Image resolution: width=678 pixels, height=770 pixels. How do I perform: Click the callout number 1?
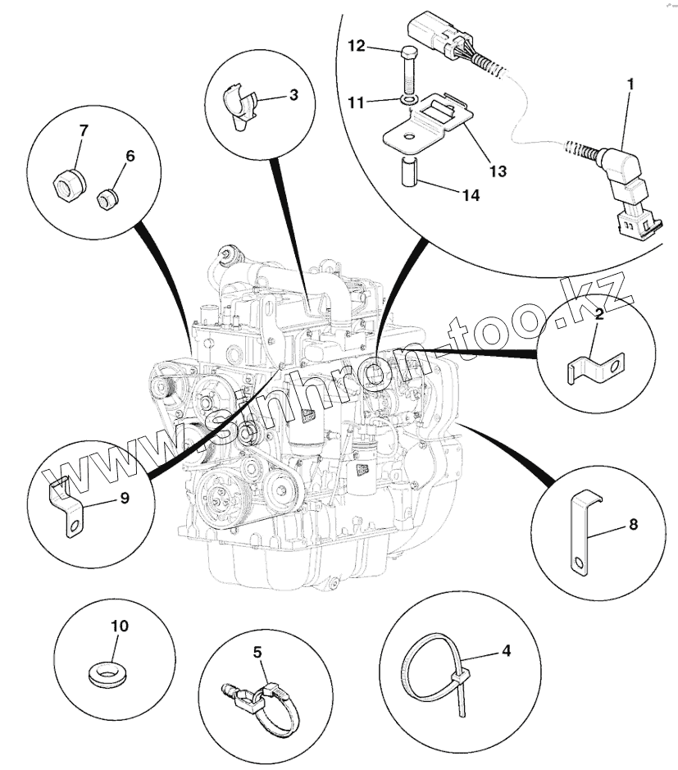[631, 84]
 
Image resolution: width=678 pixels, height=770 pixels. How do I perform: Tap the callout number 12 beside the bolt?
[357, 46]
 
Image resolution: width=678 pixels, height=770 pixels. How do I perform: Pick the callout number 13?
[498, 171]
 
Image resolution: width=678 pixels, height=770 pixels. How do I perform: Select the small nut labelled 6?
[107, 198]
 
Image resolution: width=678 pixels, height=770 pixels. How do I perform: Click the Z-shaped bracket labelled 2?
[595, 369]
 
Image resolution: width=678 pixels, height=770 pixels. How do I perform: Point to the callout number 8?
[634, 524]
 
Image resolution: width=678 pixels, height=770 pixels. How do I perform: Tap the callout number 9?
[125, 498]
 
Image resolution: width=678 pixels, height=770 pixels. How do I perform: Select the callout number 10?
[120, 626]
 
